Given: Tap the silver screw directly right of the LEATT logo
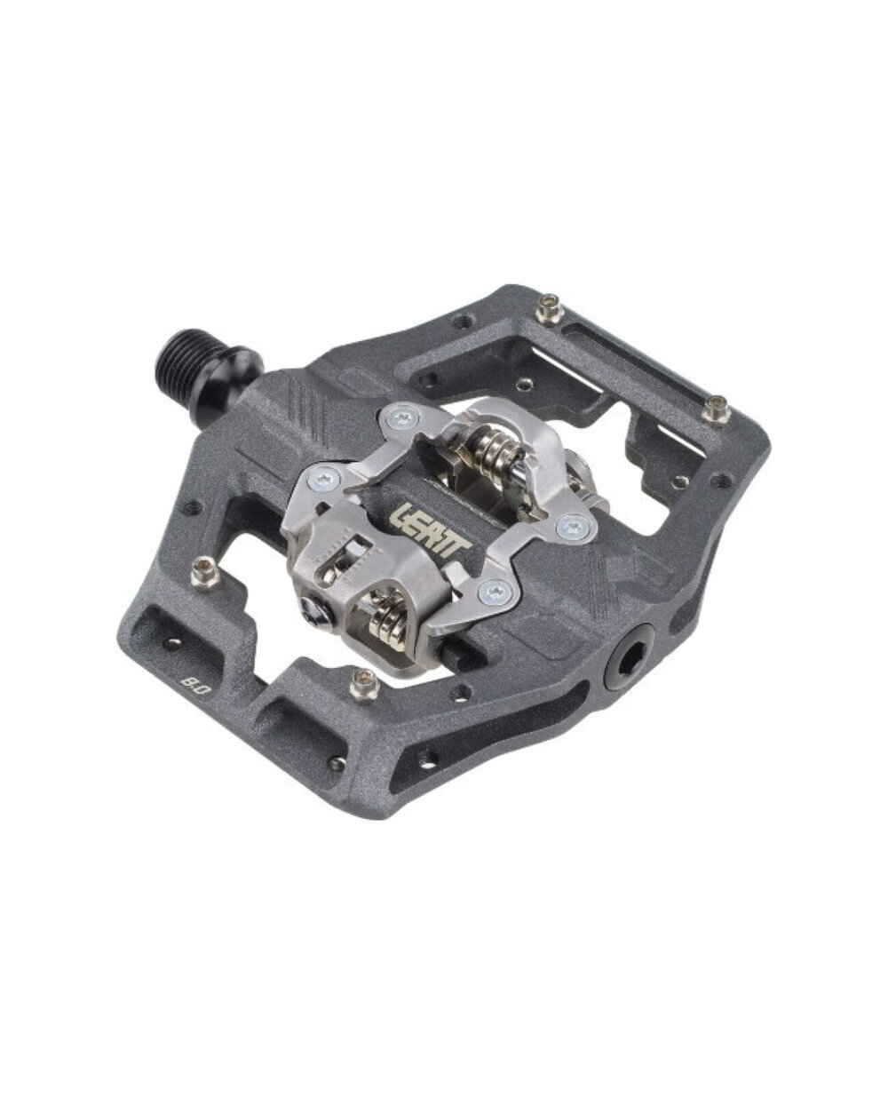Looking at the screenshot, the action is tap(573, 525).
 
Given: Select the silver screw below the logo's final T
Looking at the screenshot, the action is tap(494, 592).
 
